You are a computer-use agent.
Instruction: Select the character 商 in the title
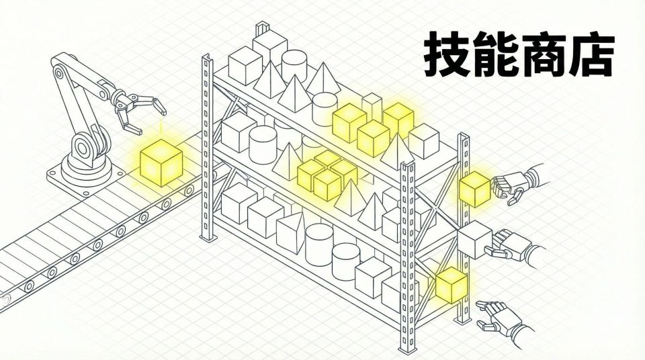[x=543, y=53]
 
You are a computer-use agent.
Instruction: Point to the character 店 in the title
[x=591, y=53]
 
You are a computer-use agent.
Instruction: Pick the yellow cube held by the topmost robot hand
[x=475, y=187]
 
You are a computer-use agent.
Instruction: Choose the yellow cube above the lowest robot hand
[x=451, y=284]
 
